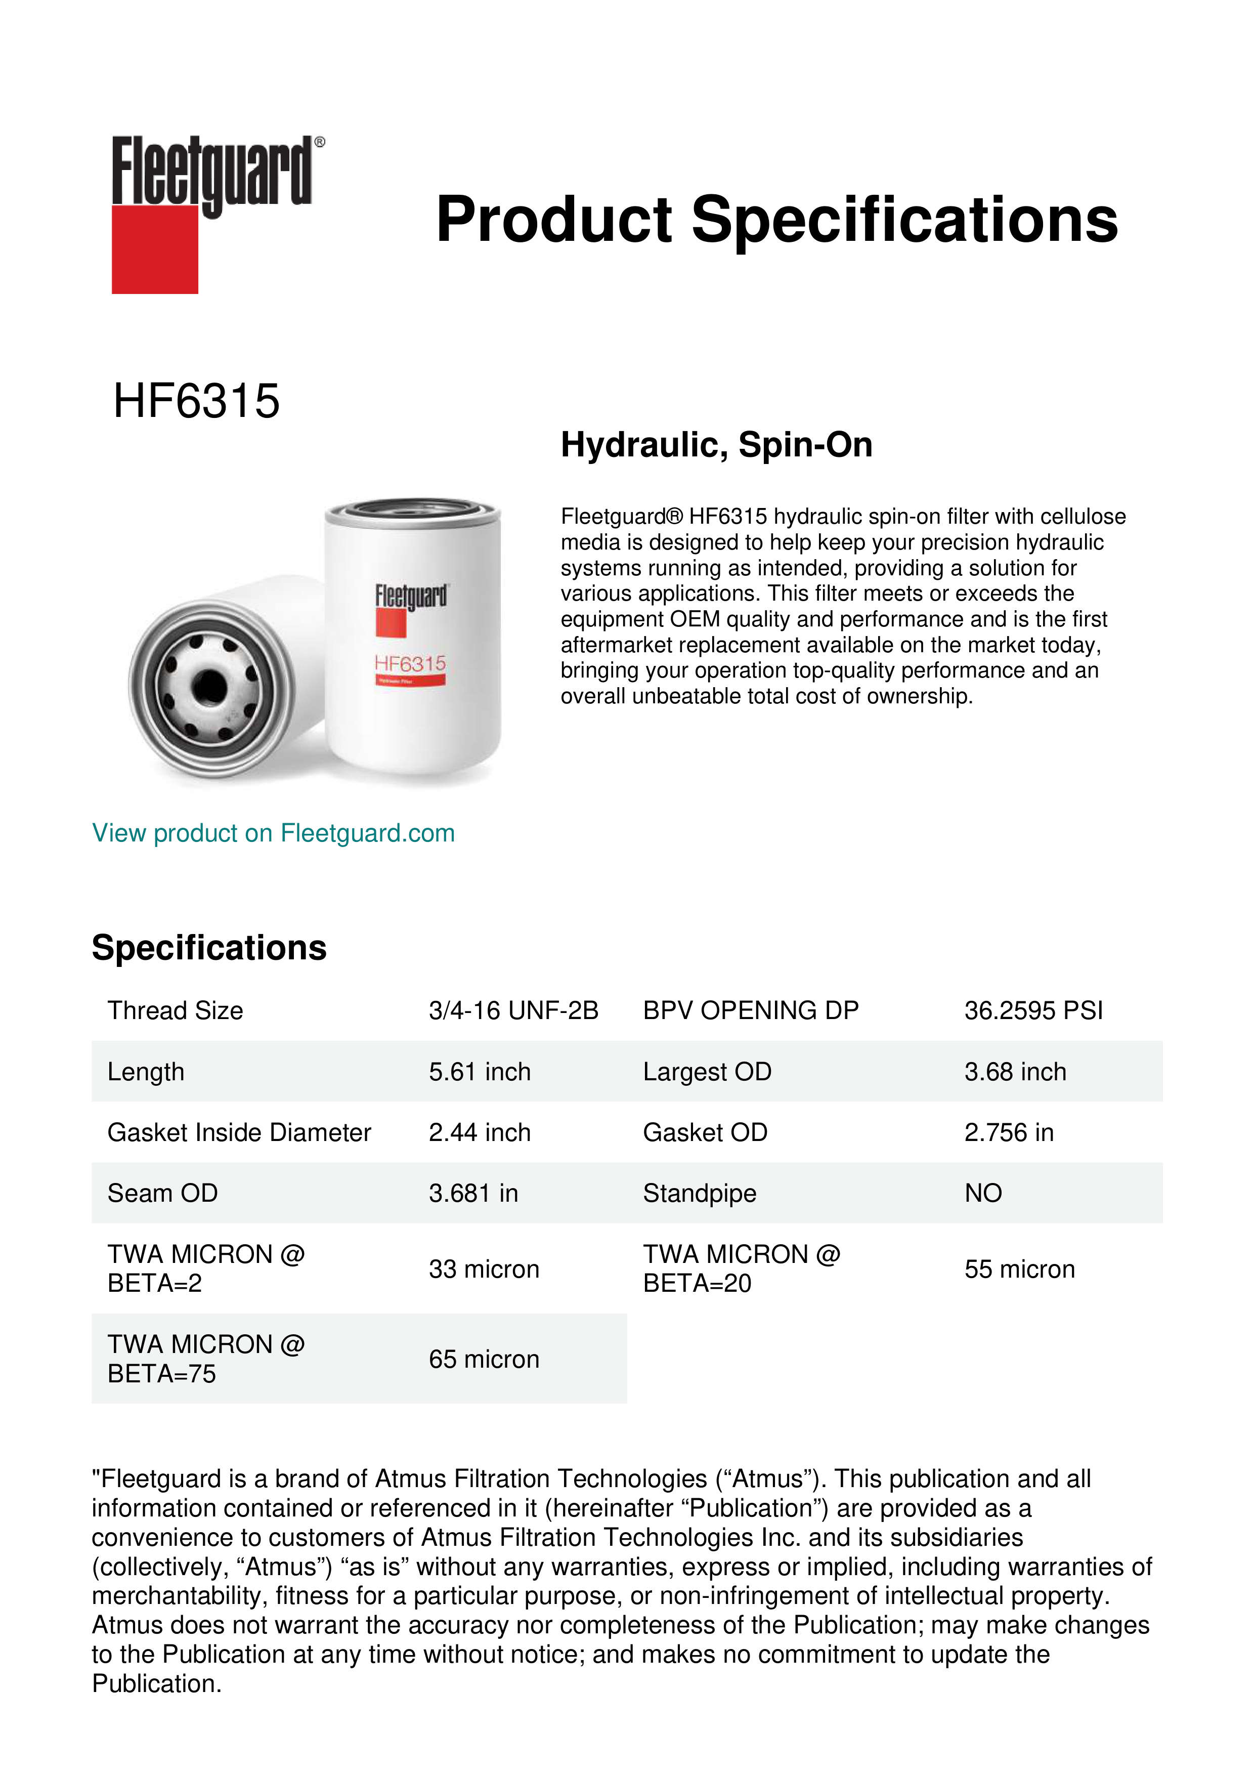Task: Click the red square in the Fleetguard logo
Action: point(155,249)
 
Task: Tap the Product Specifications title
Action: point(776,220)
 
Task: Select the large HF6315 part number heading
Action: point(196,401)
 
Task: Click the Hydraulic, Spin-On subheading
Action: point(716,445)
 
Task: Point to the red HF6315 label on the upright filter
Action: point(410,663)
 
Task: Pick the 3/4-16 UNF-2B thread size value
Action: point(513,1010)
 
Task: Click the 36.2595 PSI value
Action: point(1033,1010)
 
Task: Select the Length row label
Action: point(146,1072)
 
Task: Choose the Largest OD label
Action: point(707,1072)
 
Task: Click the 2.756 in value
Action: point(1009,1132)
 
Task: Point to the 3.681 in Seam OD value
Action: point(473,1194)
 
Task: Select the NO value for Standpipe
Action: point(983,1194)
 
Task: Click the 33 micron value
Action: point(484,1270)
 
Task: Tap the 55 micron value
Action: point(1019,1270)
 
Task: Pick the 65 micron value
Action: point(484,1359)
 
